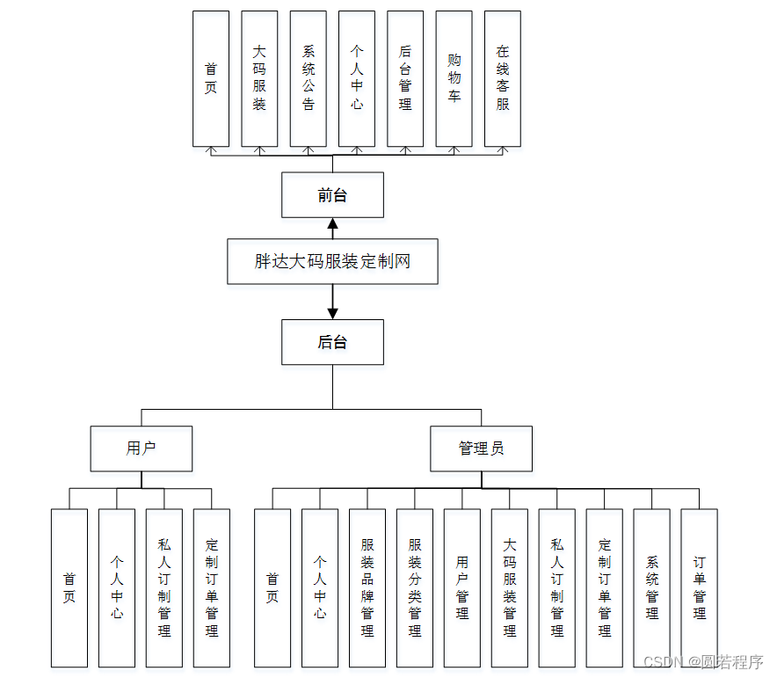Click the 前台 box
(332, 195)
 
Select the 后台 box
(332, 342)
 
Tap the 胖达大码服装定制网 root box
(332, 261)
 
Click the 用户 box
(142, 448)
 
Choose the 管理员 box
(481, 448)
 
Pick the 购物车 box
(454, 78)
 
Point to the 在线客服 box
(503, 78)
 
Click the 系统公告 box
(308, 78)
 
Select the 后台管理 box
(405, 78)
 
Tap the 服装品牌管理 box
(367, 587)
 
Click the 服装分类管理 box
(415, 587)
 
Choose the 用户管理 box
(462, 587)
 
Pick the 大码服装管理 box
(510, 587)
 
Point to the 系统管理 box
(652, 587)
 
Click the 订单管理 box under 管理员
(700, 587)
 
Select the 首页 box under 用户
(69, 587)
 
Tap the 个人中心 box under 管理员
(320, 587)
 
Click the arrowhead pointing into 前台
(332, 223)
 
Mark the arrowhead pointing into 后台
(332, 313)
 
